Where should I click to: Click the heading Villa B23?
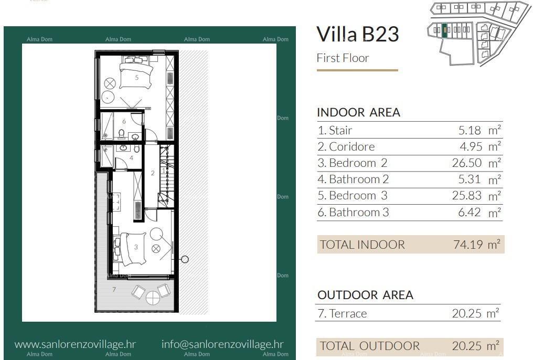358,34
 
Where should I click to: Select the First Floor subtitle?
343,58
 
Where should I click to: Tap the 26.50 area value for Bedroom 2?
466,163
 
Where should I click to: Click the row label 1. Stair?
335,130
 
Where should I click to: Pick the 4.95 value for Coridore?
469,146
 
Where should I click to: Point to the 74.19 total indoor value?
467,244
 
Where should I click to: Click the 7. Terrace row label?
342,313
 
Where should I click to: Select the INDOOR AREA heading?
358,112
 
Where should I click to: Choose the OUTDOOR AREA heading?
365,295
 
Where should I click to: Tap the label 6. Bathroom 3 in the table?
353,212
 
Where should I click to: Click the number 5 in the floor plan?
136,77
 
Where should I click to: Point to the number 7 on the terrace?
114,289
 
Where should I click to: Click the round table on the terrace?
153,298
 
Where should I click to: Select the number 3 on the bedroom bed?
136,247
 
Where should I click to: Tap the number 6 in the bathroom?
124,122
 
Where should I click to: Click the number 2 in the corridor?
153,173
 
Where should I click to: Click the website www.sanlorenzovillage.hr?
75,344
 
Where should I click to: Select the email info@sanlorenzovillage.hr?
222,344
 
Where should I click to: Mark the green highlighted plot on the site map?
445,30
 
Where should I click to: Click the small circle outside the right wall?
185,259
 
